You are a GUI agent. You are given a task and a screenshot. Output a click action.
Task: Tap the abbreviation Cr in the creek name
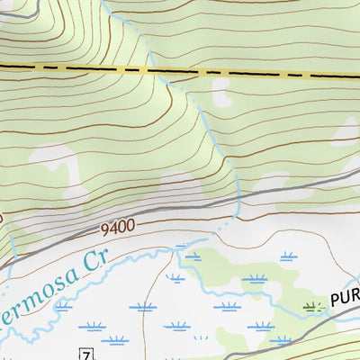pyautogui.click(x=94, y=263)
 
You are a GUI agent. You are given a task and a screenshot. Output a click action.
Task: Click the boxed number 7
pyautogui.click(x=86, y=351)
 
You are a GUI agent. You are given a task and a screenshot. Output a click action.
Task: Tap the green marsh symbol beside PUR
pyautogui.click(x=313, y=307)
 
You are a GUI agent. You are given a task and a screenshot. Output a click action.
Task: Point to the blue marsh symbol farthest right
pyautogui.click(x=288, y=256)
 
